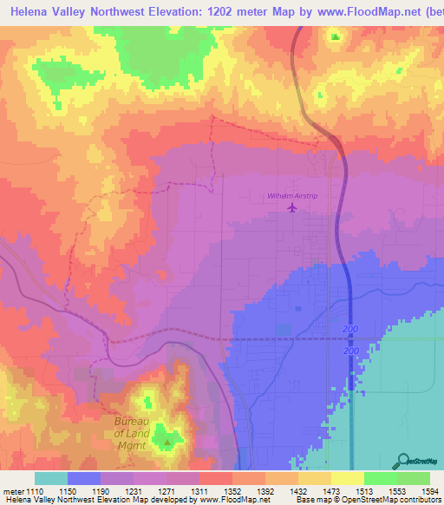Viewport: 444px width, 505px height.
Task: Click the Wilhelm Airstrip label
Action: pyautogui.click(x=291, y=196)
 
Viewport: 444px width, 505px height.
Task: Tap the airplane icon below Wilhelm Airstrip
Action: pyautogui.click(x=291, y=208)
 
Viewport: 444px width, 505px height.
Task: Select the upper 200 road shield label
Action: pyautogui.click(x=350, y=331)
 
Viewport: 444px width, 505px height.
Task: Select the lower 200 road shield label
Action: pyautogui.click(x=350, y=349)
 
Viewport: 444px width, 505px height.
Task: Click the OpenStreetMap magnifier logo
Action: pyautogui.click(x=403, y=460)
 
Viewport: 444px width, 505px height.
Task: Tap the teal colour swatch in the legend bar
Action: pyautogui.click(x=51, y=478)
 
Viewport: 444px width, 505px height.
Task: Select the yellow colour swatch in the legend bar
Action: pyautogui.click(x=347, y=478)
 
